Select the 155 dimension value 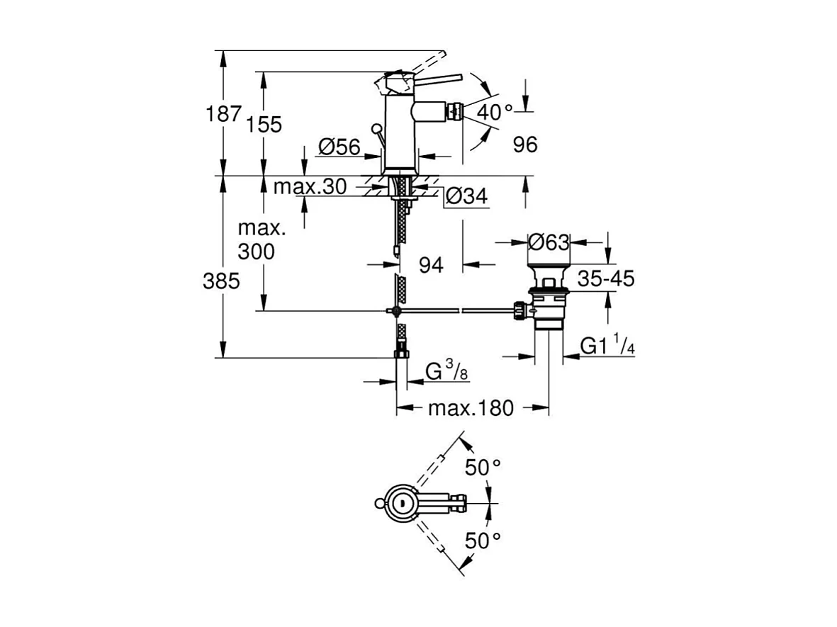click(x=265, y=125)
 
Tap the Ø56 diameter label click(x=339, y=147)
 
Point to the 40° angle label click(x=494, y=112)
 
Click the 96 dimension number click(x=525, y=145)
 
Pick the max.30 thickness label click(x=310, y=187)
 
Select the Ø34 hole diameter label click(x=467, y=198)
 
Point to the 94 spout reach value click(x=431, y=265)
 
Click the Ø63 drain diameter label click(x=549, y=242)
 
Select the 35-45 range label click(x=605, y=279)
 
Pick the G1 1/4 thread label click(x=607, y=346)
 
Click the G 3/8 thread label click(x=445, y=371)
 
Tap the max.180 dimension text click(x=471, y=409)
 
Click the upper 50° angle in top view click(x=483, y=468)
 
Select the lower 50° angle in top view click(x=483, y=541)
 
